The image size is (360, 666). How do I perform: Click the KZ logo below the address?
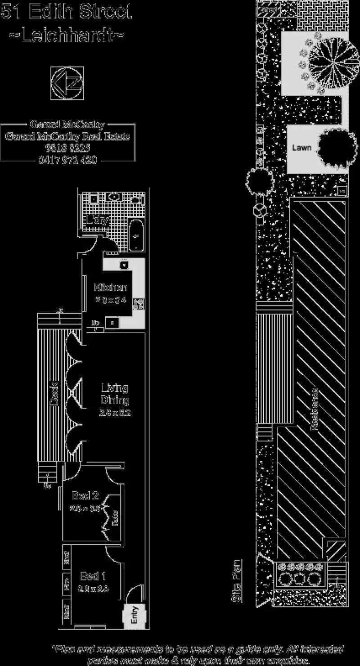pos(67,83)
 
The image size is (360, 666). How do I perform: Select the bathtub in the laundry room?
pos(135,235)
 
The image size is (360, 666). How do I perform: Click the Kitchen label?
pos(110,288)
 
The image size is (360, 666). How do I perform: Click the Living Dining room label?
pos(114,394)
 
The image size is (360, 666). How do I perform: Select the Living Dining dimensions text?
pos(115,413)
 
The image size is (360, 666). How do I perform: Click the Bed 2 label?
pos(85,496)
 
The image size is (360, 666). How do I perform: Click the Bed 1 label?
pos(93,576)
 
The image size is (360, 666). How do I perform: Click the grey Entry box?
pos(134,614)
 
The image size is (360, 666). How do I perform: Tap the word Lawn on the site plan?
pos(301,148)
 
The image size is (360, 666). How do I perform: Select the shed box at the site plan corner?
pos(269,9)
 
